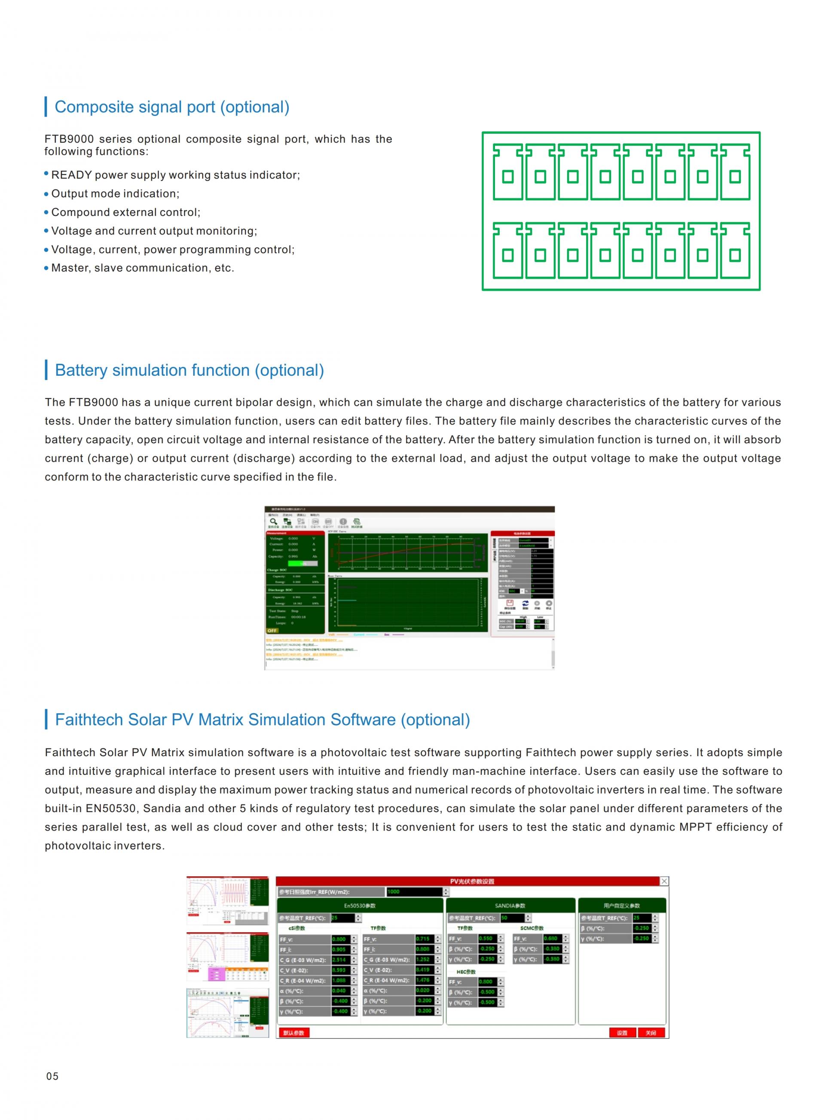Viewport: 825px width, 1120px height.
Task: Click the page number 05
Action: coord(52,1076)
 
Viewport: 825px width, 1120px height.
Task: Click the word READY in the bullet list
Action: coord(71,175)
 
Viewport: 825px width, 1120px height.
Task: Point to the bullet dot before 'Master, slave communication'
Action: coord(46,268)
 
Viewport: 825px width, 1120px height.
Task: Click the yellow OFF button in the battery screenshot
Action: coord(272,630)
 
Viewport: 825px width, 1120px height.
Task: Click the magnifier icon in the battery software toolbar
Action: coord(273,522)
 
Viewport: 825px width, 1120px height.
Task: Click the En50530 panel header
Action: coord(360,906)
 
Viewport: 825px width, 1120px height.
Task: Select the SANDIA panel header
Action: coord(510,906)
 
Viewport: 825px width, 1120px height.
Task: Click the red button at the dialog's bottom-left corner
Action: coord(294,1033)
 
